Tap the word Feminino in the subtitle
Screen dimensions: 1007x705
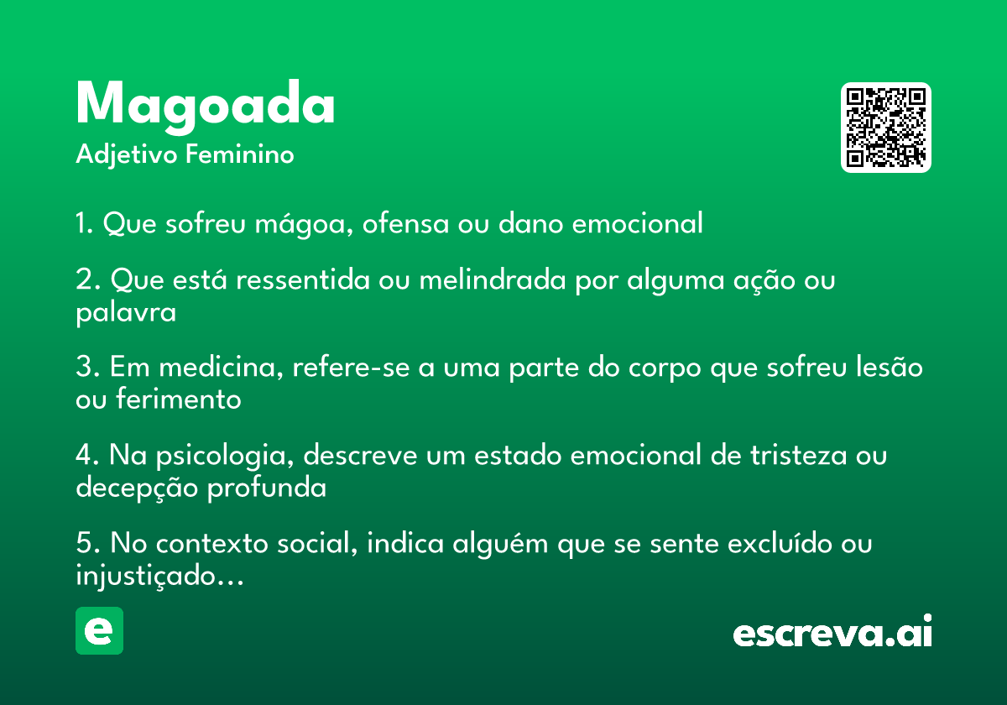coord(240,154)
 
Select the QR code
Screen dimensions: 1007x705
coord(885,128)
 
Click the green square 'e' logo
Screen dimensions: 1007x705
coord(99,630)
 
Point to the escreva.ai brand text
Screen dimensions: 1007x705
coord(832,631)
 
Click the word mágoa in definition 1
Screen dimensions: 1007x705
coord(304,223)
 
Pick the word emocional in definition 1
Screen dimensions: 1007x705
coord(638,223)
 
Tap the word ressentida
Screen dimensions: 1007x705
coord(303,279)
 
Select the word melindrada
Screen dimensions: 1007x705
coord(493,279)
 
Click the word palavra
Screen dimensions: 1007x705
coord(126,312)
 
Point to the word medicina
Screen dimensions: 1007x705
coord(221,367)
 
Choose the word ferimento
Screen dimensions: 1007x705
coord(179,399)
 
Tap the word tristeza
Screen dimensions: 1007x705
coord(798,455)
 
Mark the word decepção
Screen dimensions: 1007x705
coord(137,488)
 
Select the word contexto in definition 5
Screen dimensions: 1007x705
coord(211,543)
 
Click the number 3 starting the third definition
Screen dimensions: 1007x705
coord(84,367)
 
